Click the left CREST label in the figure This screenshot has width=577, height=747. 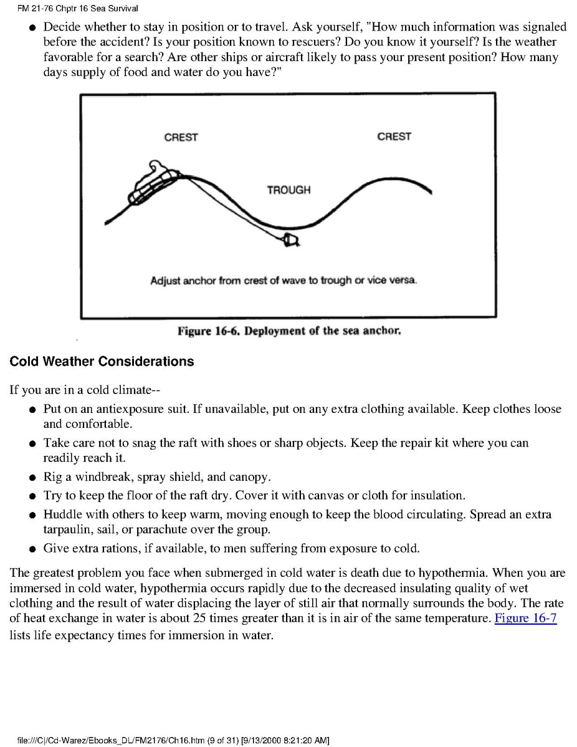(181, 137)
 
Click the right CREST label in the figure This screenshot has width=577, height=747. (394, 137)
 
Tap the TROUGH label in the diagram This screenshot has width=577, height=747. (288, 190)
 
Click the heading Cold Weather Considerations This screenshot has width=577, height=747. (102, 362)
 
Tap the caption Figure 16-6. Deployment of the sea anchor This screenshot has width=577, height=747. (289, 331)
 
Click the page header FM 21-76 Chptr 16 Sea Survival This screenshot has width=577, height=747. (69, 8)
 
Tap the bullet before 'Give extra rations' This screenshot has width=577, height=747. (32, 550)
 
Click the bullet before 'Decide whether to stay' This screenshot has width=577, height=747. (32, 28)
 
